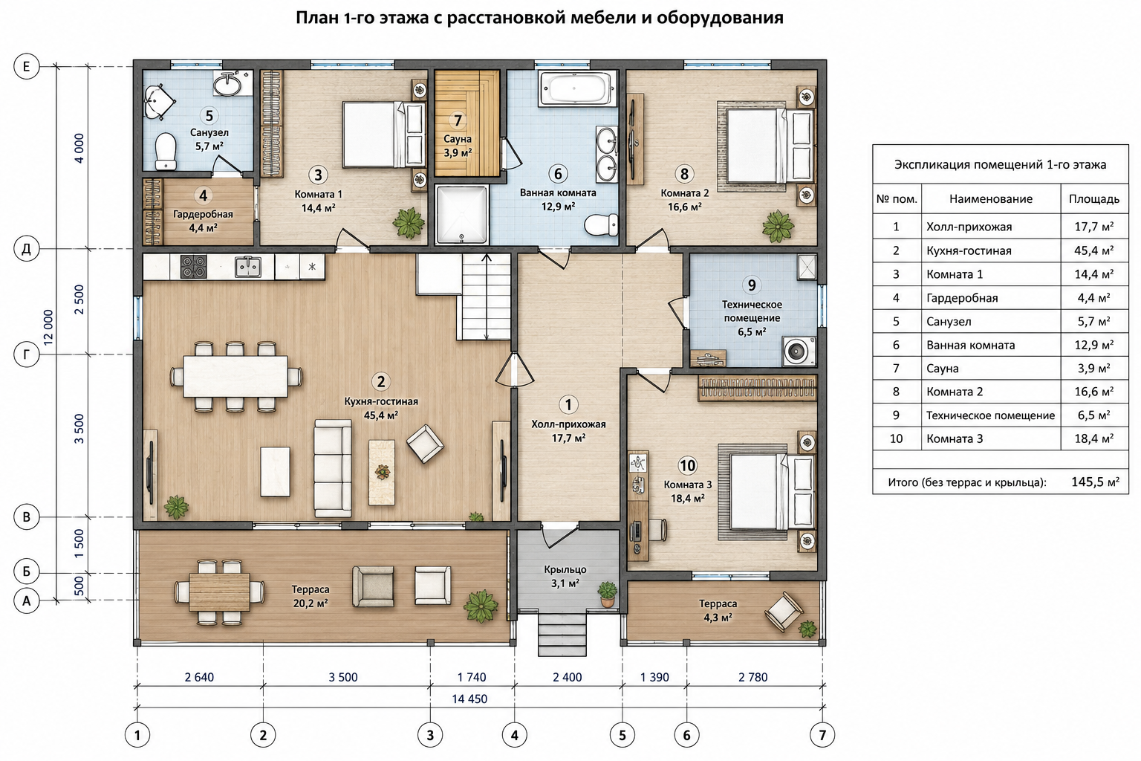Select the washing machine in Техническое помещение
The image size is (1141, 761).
coord(799,351)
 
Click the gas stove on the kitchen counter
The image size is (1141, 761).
coord(194,267)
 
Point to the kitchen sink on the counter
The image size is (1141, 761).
coord(248,267)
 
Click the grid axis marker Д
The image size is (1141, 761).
coord(27,249)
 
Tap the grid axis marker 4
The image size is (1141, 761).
coord(515,736)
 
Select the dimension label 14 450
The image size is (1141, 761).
coord(469,699)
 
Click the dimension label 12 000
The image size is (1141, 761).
coord(48,327)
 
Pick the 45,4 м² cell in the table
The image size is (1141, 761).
coord(1094,250)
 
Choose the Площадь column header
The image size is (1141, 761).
coord(1094,198)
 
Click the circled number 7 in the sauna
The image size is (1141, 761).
coord(458,121)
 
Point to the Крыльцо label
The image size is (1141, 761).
coord(565,570)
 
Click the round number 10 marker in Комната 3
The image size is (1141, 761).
coord(687,465)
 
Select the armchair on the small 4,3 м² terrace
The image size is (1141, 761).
coord(784,612)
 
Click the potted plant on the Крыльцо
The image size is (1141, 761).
coord(607,595)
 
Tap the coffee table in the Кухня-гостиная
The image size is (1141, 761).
coord(382,473)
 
